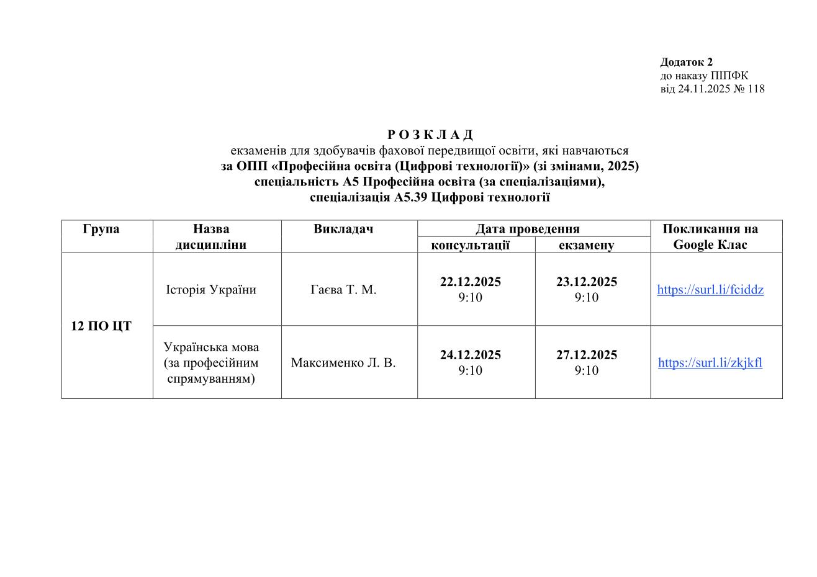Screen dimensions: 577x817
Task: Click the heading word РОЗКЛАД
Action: click(x=430, y=135)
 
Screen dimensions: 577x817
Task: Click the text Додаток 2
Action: click(x=686, y=62)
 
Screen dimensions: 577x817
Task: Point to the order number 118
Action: click(x=756, y=89)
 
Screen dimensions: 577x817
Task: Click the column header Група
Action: click(x=101, y=229)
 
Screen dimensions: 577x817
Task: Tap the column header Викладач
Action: click(x=343, y=229)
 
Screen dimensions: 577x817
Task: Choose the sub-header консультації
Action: click(x=470, y=245)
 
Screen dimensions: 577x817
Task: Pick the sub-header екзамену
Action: click(x=586, y=245)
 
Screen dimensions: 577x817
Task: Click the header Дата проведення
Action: click(x=527, y=229)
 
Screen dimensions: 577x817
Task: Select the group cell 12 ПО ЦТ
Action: click(x=101, y=326)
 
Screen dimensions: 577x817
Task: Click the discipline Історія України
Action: click(x=211, y=290)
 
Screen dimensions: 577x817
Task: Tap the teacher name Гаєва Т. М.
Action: click(x=343, y=290)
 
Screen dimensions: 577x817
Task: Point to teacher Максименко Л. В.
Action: click(x=343, y=363)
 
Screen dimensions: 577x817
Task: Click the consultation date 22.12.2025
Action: click(x=470, y=282)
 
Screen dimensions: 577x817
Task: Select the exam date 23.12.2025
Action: click(x=586, y=282)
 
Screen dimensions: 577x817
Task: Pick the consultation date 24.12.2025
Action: click(x=470, y=355)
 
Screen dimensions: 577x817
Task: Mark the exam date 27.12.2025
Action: click(x=586, y=355)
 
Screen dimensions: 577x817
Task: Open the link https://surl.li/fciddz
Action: click(x=710, y=290)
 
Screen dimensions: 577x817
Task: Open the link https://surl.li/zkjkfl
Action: click(x=710, y=363)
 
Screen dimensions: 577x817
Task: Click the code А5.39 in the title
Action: click(x=410, y=198)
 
